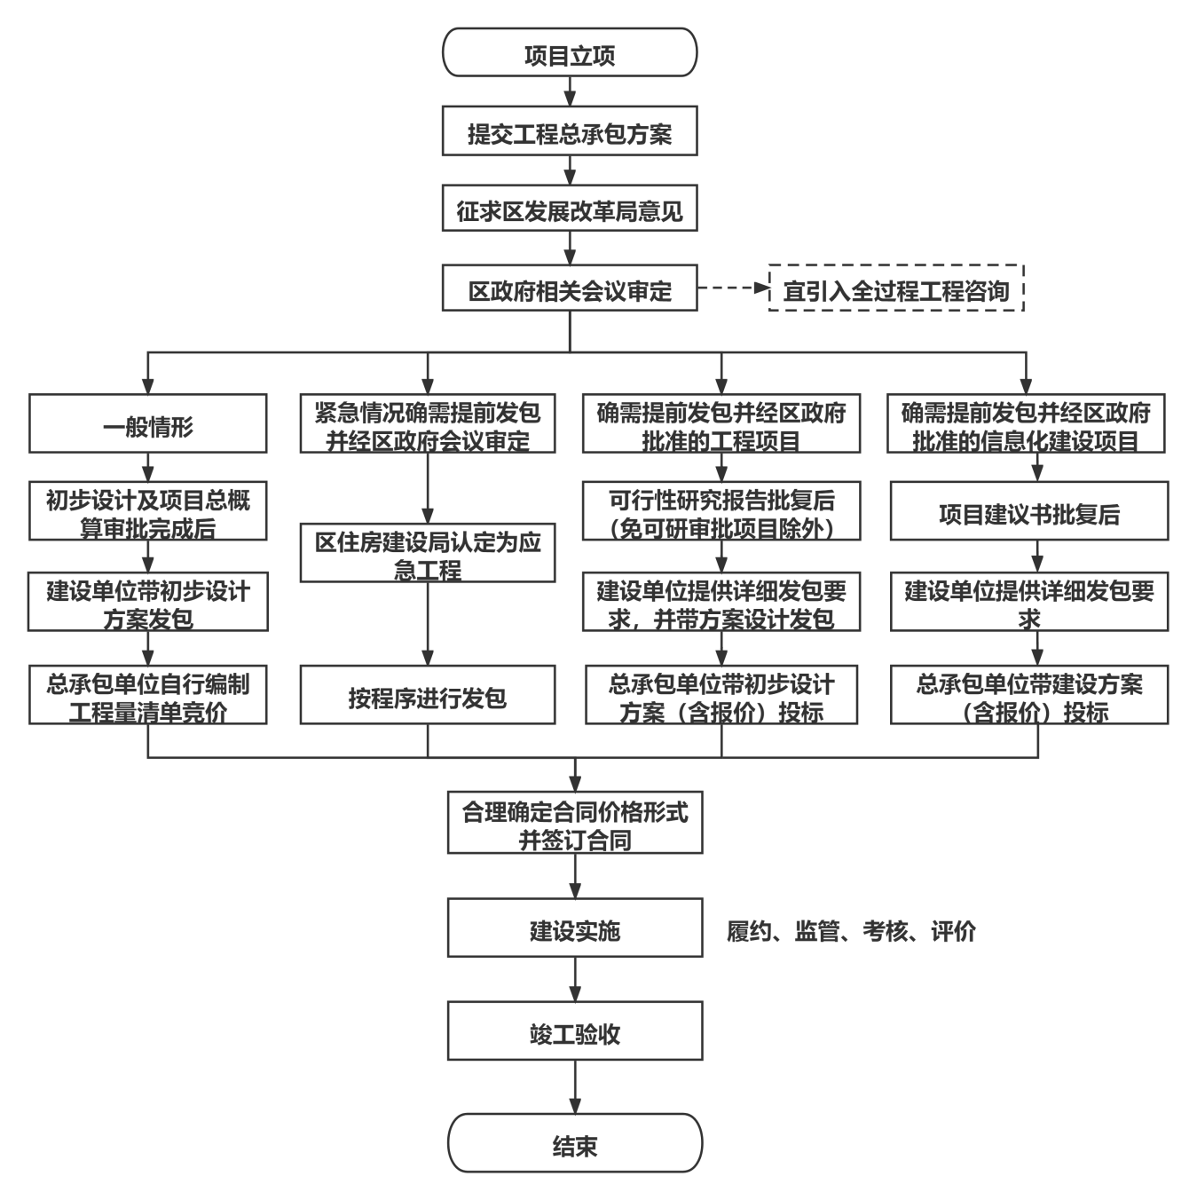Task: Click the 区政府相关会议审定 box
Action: tap(570, 288)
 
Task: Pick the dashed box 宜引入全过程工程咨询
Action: tap(896, 288)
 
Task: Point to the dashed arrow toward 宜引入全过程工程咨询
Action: tap(733, 288)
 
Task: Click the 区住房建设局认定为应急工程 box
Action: tap(428, 553)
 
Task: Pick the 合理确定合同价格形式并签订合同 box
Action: tap(575, 824)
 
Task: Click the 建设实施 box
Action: tap(575, 928)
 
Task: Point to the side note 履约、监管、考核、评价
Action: tap(851, 930)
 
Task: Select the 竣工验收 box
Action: tap(575, 1031)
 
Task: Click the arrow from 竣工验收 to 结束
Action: tap(575, 1087)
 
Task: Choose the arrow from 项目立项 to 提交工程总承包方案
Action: tap(570, 91)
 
